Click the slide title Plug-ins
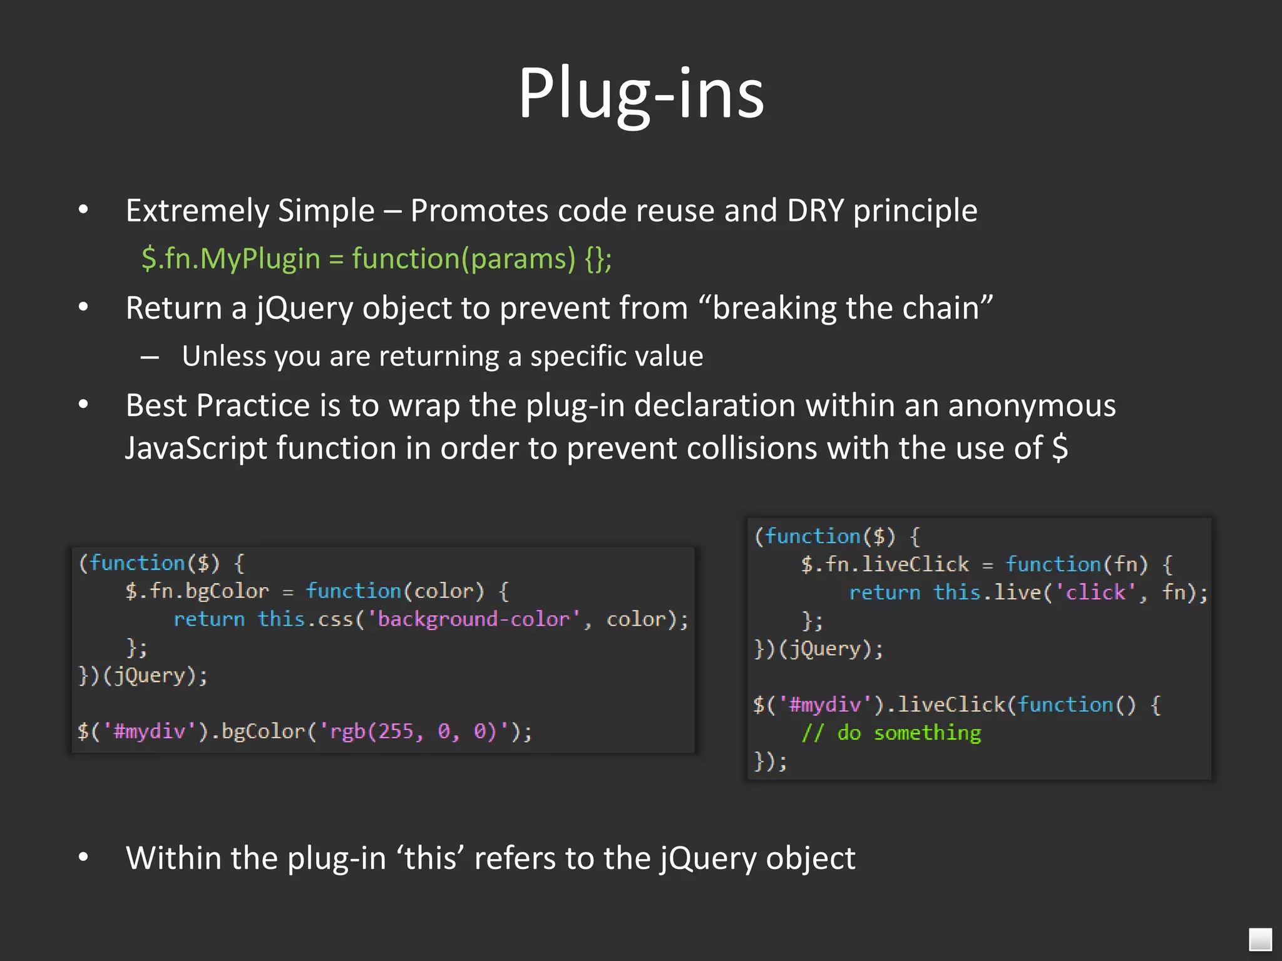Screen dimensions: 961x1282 click(641, 94)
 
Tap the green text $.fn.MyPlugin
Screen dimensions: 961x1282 click(230, 258)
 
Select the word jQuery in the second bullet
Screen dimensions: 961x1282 click(304, 308)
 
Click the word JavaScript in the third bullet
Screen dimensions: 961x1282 click(196, 448)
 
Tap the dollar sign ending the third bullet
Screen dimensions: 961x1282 click(1060, 448)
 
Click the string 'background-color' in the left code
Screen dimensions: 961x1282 click(474, 619)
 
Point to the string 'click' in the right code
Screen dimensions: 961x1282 click(1095, 592)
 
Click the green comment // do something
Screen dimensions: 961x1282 click(891, 733)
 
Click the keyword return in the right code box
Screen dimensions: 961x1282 click(885, 592)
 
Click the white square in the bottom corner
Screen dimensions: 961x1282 click(1260, 939)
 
